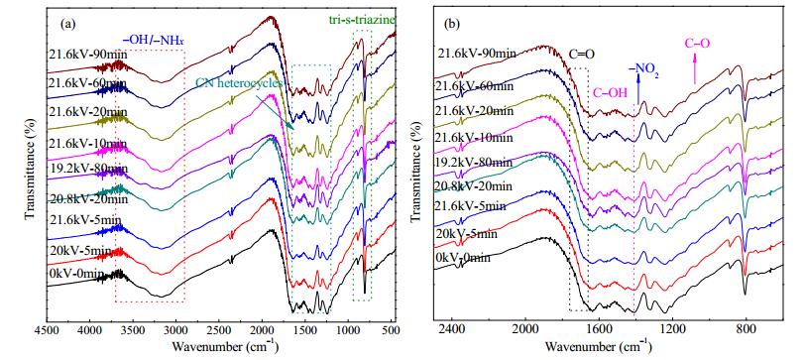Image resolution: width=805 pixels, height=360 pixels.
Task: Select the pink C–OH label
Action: coord(611,93)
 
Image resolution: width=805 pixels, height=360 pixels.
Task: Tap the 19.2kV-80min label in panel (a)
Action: coord(89,169)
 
